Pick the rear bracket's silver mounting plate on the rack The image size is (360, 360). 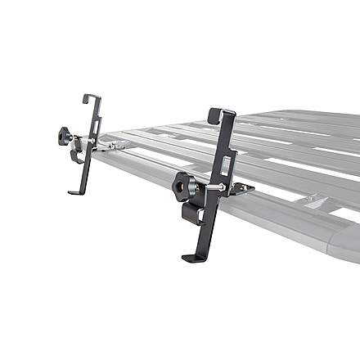point(115,145)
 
